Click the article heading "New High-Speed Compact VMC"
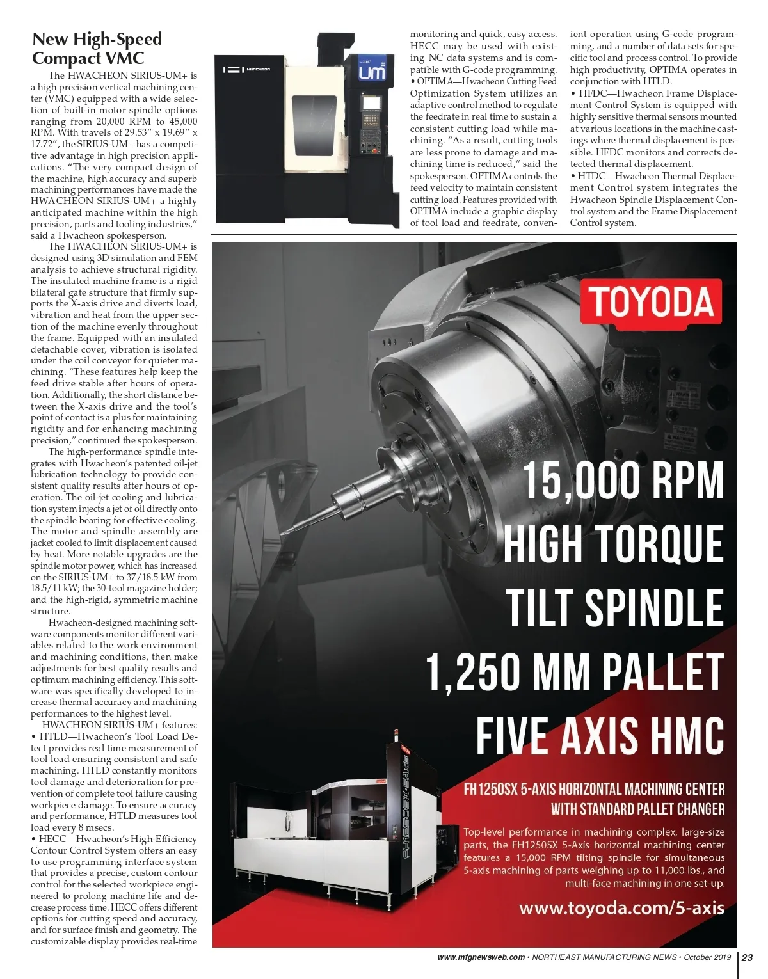[x=97, y=49]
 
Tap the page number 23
[x=748, y=957]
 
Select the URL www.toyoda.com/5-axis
[x=621, y=907]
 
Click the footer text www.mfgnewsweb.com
[x=481, y=957]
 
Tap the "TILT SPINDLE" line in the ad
[x=614, y=607]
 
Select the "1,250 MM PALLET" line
[x=575, y=671]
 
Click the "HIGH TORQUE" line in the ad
[x=613, y=544]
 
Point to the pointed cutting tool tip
[x=285, y=532]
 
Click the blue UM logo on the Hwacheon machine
[x=372, y=72]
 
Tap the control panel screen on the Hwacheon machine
[x=371, y=103]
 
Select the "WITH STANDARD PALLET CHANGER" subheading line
[x=637, y=809]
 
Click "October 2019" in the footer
[x=707, y=957]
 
